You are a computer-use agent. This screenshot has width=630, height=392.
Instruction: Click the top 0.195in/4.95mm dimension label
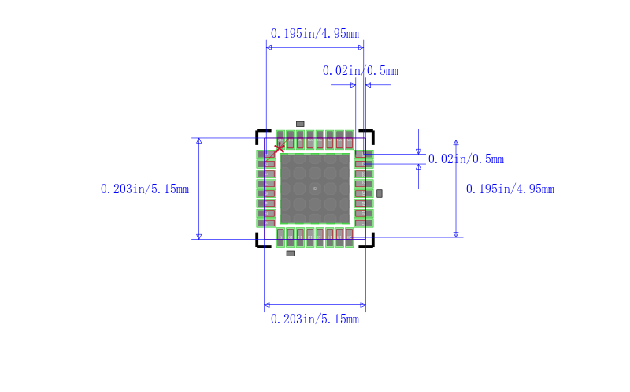point(314,33)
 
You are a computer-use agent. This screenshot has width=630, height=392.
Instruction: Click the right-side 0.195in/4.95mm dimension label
point(510,189)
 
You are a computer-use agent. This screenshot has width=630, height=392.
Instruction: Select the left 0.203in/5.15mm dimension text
point(145,189)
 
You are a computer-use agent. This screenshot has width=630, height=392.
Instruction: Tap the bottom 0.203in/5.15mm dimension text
point(314,319)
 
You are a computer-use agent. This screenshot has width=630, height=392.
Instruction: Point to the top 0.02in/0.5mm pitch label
point(360,70)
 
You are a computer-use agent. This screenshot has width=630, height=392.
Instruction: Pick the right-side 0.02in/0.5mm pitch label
point(465,159)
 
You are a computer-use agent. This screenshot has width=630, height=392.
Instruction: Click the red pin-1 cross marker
point(280,147)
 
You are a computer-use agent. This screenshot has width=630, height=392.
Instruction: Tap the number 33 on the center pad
point(314,189)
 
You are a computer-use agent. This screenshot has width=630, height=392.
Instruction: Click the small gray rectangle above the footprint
point(299,124)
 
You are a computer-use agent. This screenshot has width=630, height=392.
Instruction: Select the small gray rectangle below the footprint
point(290,253)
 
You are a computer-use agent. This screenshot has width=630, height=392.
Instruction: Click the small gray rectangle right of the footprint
point(379,193)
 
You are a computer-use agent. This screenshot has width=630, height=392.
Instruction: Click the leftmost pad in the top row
point(280,139)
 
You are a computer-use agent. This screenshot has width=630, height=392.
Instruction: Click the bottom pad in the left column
point(266,223)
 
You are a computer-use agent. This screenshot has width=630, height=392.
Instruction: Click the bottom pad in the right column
point(363,223)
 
